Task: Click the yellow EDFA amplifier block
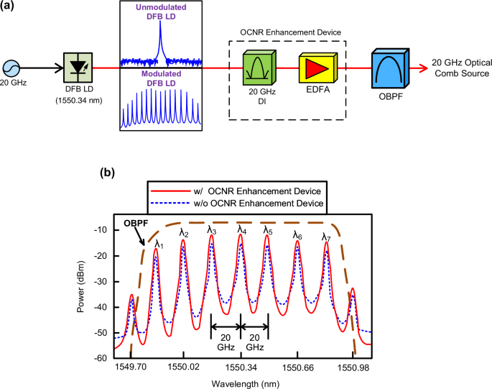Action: [316, 67]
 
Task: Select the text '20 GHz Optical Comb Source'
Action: [459, 68]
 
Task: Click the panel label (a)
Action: [11, 8]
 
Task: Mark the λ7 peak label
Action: [325, 236]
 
